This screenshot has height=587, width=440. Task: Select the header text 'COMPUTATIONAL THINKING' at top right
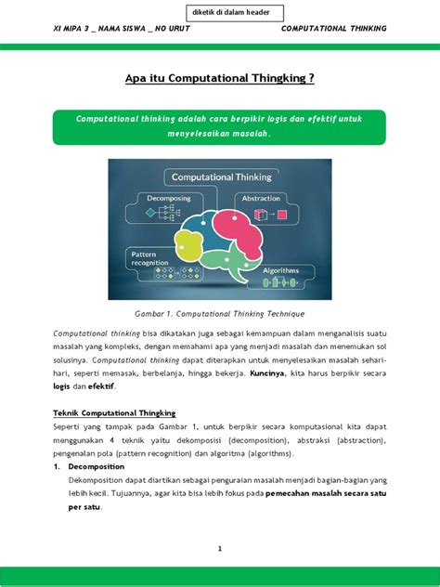[x=333, y=28]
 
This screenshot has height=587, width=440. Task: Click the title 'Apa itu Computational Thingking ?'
[x=220, y=79]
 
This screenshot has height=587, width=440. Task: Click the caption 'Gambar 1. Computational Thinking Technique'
[x=219, y=314]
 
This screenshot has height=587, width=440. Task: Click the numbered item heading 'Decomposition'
[x=96, y=466]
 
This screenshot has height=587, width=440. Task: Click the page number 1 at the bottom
[x=220, y=549]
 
